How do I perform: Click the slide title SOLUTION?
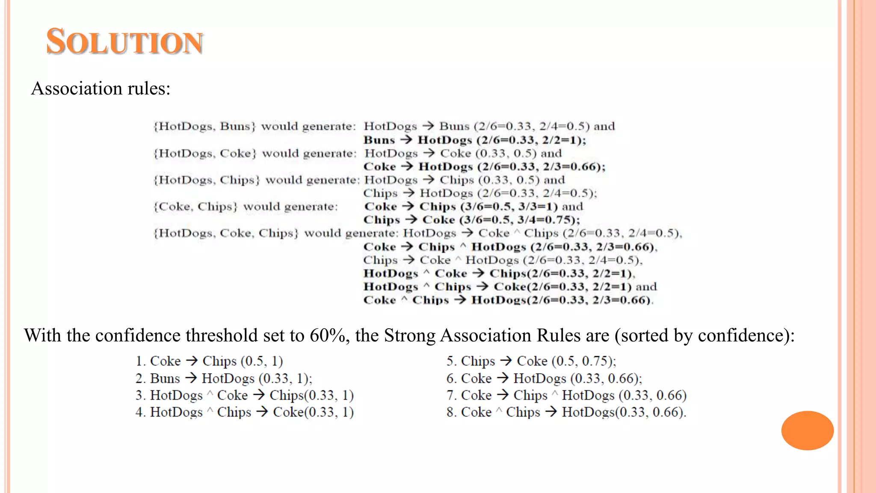124,42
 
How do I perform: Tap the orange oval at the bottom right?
807,430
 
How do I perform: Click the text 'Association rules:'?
101,89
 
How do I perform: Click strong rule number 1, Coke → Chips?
209,361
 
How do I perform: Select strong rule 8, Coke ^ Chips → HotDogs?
566,412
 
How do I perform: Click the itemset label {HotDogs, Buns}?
204,126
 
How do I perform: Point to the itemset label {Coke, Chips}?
195,207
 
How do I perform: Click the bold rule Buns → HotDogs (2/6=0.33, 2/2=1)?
475,140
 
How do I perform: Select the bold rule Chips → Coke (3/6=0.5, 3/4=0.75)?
471,220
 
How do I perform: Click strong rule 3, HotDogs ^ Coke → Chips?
245,395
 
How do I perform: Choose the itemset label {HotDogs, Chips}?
207,180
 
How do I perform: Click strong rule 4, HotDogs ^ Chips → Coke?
245,412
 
